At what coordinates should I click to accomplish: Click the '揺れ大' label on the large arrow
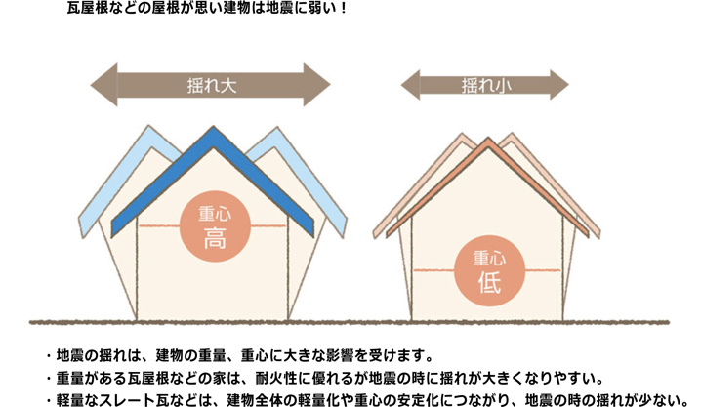212,85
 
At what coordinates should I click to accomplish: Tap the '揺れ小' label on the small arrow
486,85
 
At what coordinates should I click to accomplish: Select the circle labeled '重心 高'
215,226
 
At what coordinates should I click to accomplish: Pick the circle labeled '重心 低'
489,270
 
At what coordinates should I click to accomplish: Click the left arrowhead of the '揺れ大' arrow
104,85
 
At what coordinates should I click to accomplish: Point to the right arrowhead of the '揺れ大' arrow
316,85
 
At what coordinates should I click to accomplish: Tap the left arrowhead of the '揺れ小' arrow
410,85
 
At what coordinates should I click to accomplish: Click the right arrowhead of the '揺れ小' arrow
559,85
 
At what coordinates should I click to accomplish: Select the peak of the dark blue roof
213,127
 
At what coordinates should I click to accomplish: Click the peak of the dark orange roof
488,138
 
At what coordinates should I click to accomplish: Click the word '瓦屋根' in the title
84,8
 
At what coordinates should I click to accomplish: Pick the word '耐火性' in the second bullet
272,378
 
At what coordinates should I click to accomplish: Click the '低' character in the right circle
489,282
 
